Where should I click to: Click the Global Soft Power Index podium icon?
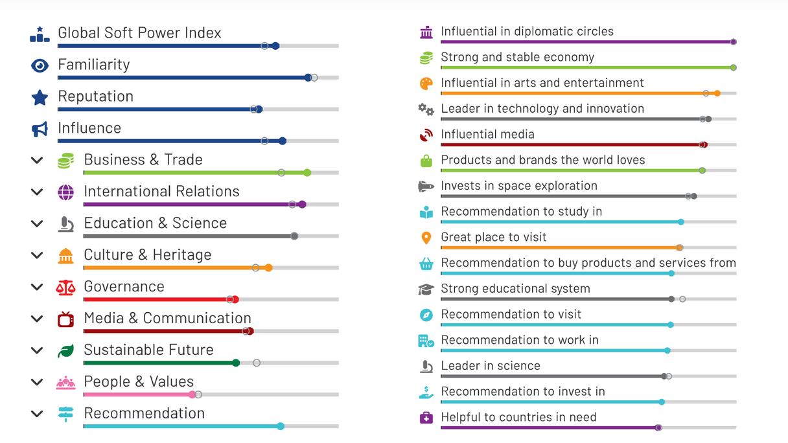40,34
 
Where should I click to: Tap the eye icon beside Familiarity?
40,65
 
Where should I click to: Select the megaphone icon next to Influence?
40,130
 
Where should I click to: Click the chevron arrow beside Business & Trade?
37,161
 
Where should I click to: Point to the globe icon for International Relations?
65,192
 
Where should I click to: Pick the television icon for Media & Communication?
65,319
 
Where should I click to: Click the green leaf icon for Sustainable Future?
65,351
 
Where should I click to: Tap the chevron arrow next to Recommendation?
37,414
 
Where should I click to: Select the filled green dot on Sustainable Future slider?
236,363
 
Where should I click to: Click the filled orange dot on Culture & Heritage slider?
268,267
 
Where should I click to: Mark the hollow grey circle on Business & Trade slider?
281,173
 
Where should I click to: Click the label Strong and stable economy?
517,57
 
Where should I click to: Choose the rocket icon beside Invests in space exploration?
426,187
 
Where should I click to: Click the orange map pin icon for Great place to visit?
426,238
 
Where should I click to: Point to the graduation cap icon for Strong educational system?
426,290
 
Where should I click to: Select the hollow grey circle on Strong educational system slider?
682,299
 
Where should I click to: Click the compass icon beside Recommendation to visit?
426,315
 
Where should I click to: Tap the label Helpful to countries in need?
518,417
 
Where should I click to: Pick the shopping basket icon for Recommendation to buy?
426,264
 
